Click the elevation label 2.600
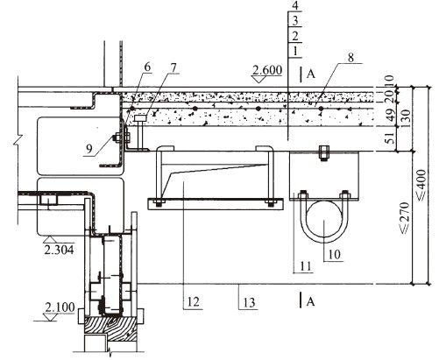click(267, 70)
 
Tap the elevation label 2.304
click(59, 250)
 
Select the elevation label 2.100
click(60, 307)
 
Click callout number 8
click(350, 58)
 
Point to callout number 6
click(147, 67)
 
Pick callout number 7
click(173, 67)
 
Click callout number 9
click(89, 149)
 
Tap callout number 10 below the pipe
click(335, 255)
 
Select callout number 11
click(306, 266)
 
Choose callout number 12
click(193, 302)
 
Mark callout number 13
click(249, 303)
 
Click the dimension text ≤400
click(421, 185)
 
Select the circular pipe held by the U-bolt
click(323, 219)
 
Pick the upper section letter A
click(311, 74)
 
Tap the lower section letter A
click(311, 301)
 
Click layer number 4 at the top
click(295, 6)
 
